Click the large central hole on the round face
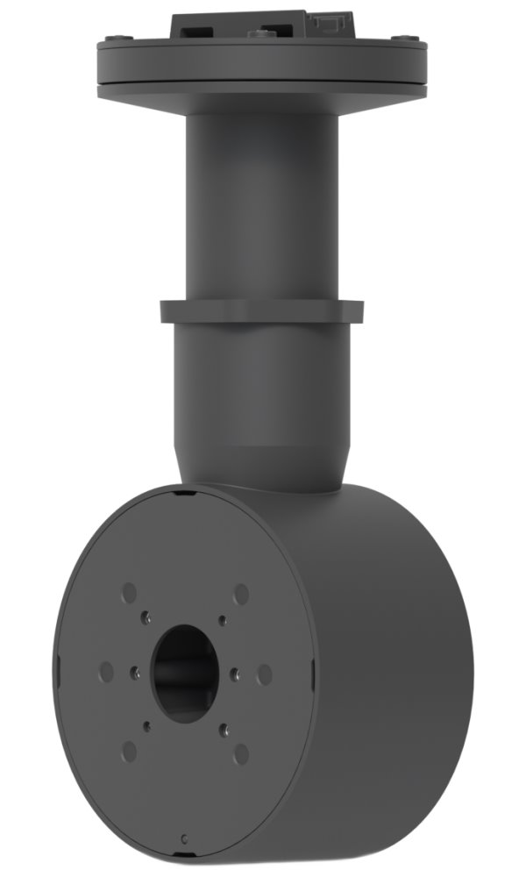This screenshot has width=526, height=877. tap(185, 673)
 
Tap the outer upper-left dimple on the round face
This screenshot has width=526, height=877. tap(129, 591)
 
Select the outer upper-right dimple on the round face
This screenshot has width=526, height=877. tap(241, 594)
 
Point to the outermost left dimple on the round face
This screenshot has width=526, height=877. tap(106, 672)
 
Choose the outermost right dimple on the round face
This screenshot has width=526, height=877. tap(264, 674)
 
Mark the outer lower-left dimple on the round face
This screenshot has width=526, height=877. tap(130, 751)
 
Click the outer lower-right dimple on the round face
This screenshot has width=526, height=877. tap(241, 753)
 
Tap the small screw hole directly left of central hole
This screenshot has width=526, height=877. tap(135, 673)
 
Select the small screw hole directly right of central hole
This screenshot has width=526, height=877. tap(234, 674)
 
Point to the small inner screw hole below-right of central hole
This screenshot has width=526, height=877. tap(224, 728)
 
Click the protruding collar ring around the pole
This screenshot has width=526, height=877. tap(261, 311)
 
